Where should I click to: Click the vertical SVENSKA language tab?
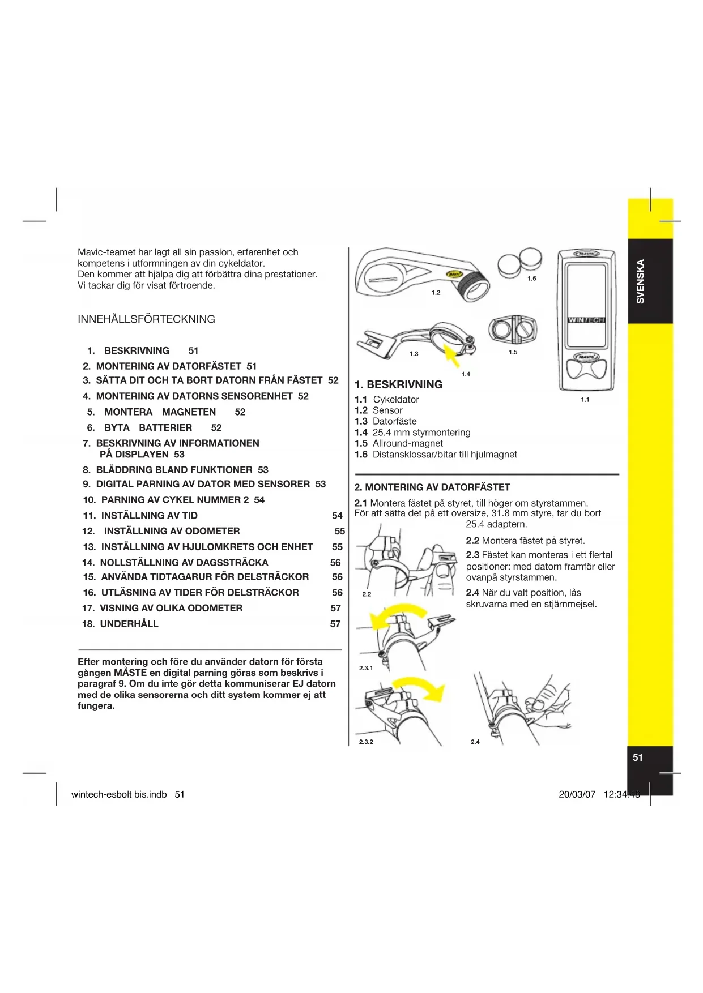point(640,281)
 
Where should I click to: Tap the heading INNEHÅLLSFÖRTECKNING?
point(146,319)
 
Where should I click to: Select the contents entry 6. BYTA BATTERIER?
point(148,428)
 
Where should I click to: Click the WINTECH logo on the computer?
point(586,320)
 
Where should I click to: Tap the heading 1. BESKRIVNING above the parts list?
point(398,385)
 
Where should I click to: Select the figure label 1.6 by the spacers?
point(531,279)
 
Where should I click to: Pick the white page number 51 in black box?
point(638,757)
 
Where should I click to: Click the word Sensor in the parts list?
point(387,410)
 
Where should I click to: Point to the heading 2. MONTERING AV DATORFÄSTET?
point(432,487)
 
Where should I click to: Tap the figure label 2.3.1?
point(366,668)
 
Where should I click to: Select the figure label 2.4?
point(475,742)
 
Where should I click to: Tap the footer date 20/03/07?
point(577,794)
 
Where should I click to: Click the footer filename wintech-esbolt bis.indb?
point(119,794)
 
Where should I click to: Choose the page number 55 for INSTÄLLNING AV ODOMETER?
point(339,532)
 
